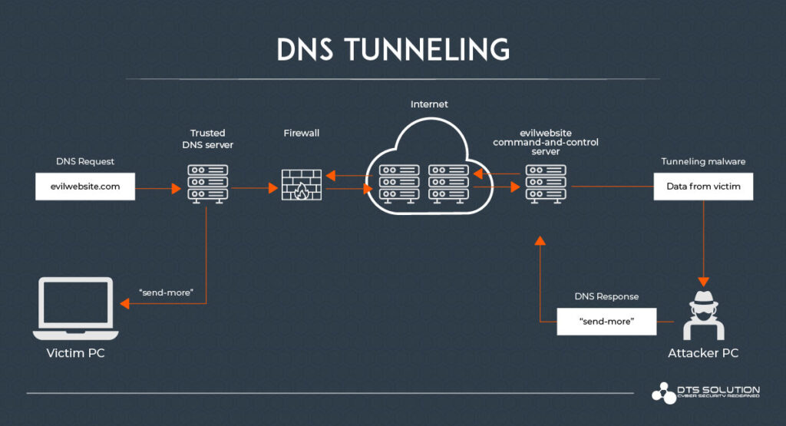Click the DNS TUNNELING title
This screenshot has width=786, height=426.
point(392,49)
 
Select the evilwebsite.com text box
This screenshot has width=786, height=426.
point(85,187)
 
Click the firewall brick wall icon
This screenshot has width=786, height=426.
point(301,184)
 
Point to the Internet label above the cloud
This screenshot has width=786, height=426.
point(429,104)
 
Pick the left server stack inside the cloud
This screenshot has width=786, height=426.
point(397,184)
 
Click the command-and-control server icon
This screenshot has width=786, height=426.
point(546,183)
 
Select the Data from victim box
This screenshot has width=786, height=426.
point(703,187)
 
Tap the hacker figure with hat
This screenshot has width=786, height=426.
point(703,315)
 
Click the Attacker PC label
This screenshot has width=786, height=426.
point(703,353)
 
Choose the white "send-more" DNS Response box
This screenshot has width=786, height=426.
point(606,322)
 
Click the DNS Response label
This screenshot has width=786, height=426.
point(606,296)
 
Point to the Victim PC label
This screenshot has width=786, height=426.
point(74,353)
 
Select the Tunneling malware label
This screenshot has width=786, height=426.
point(703,161)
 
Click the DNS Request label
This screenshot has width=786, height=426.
point(85,161)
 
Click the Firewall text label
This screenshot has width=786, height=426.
point(301,133)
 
